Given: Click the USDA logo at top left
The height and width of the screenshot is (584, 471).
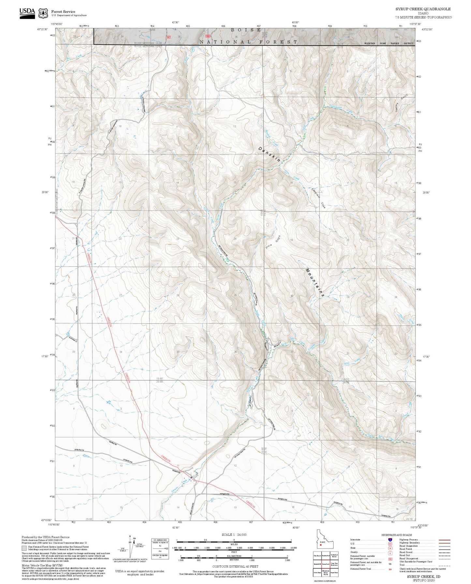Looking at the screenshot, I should [x=27, y=12].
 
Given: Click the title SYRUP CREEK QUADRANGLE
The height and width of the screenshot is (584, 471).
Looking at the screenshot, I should [x=423, y=9].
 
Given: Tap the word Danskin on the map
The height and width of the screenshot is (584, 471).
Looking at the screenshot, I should [x=270, y=154].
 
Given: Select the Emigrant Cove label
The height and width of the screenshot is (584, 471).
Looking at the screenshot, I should [x=318, y=198].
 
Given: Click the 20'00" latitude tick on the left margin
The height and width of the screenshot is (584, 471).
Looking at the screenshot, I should [x=45, y=192].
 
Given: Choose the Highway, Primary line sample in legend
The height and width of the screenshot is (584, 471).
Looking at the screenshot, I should [x=445, y=540].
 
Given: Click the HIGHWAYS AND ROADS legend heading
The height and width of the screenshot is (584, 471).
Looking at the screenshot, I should [x=397, y=535].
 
